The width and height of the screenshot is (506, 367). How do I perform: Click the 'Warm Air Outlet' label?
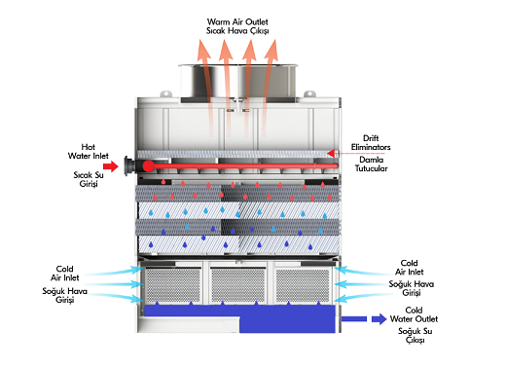coord(237,21)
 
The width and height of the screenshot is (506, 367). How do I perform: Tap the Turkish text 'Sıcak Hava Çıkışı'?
coord(237,31)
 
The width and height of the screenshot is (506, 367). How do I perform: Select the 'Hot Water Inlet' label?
coord(88,151)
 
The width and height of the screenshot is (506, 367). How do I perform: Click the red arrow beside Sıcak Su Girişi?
coord(111,166)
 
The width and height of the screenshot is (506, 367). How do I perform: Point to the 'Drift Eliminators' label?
coord(371,142)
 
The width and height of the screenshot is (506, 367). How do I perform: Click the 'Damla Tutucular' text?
coord(371,164)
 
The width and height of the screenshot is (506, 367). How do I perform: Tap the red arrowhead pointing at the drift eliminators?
coord(331,153)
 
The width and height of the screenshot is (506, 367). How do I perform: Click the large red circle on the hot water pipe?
coord(148,165)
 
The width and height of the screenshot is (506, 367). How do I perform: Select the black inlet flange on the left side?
coord(128,165)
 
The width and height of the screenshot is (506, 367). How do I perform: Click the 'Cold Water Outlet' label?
coord(414,314)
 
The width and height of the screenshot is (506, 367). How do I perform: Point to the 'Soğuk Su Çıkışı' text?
coord(416,336)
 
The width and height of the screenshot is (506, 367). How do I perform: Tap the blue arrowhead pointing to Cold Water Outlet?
coord(379,319)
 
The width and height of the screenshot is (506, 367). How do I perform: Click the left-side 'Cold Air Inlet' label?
coord(64,274)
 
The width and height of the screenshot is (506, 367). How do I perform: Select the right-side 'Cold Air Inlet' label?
coord(409,268)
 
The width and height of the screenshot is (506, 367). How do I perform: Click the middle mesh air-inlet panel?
coord(238,285)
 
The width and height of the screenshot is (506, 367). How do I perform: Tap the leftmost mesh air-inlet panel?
coord(173,285)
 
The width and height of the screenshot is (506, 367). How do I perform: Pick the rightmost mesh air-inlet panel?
coord(303,285)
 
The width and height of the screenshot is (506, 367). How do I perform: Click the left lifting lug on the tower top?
coord(165,93)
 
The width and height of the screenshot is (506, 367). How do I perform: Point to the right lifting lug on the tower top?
coord(309,93)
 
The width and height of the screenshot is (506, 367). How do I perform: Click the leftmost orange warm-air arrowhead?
coord(204,50)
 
